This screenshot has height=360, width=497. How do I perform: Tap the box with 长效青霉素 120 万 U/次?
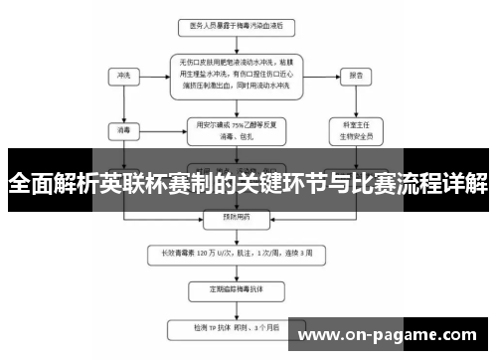tap(235, 253)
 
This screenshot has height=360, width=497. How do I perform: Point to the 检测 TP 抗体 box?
tap(235, 325)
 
